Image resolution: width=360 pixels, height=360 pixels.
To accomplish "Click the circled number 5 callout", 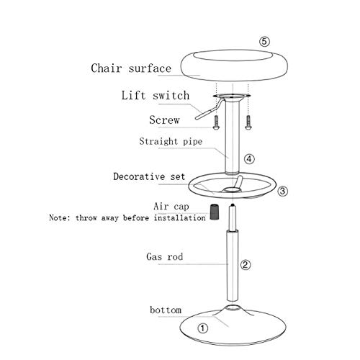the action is [x=264, y=42].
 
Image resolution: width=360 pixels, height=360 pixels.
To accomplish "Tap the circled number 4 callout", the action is [x=249, y=159].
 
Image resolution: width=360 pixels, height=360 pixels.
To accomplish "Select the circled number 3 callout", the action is [x=282, y=191].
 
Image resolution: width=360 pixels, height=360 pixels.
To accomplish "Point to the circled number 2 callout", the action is [x=246, y=265].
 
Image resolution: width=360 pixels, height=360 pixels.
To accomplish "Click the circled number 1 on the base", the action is [x=202, y=328].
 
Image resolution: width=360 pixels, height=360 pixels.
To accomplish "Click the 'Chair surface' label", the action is [x=131, y=68].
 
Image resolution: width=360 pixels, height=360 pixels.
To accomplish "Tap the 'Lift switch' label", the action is [x=156, y=95].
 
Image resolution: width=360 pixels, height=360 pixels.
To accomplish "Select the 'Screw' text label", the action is [x=164, y=120].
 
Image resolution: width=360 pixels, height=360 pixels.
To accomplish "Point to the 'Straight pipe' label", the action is [x=171, y=141].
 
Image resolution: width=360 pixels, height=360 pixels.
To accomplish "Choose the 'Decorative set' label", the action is [x=149, y=176].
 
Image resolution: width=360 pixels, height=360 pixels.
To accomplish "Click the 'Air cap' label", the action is [x=171, y=207].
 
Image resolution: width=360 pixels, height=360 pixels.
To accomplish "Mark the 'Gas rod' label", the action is [x=165, y=256].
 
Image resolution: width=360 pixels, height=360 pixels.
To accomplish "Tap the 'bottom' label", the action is [x=166, y=310].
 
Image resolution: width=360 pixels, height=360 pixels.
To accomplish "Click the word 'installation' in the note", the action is [x=180, y=217].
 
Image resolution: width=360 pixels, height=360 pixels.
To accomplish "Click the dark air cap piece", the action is [x=214, y=212].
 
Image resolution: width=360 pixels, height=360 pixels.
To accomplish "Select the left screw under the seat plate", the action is [x=216, y=122].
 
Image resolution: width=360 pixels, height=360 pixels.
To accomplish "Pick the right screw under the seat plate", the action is [x=248, y=122].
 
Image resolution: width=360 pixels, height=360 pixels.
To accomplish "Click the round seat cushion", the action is [x=233, y=66].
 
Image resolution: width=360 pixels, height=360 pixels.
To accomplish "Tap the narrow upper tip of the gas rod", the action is [x=233, y=205].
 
